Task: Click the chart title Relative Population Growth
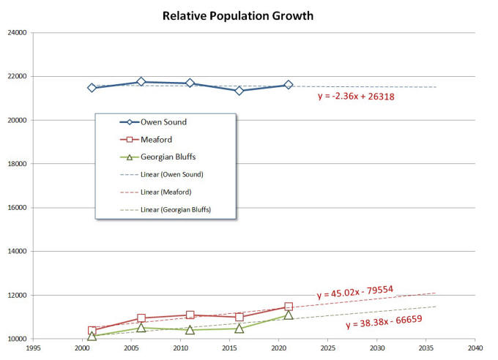(248, 15)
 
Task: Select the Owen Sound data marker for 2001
(92, 88)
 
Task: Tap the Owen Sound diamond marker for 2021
(289, 85)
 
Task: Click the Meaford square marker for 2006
(141, 318)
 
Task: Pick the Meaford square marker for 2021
(289, 307)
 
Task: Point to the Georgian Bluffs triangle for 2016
(239, 329)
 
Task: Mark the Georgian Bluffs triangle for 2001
(92, 336)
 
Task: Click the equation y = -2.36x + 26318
(357, 96)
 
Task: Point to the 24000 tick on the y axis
(17, 33)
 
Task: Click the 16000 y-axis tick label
(17, 208)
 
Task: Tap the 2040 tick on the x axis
(475, 349)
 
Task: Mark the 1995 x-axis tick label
(33, 349)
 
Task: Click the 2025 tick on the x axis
(327, 349)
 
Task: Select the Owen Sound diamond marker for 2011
(190, 83)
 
